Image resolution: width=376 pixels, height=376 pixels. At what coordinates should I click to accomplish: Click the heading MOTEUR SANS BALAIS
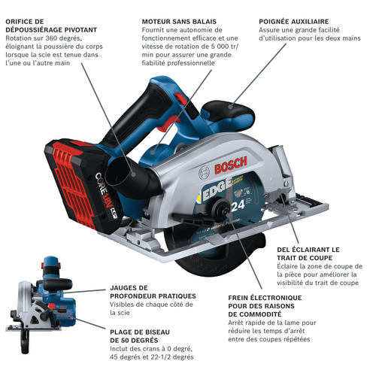[179, 22]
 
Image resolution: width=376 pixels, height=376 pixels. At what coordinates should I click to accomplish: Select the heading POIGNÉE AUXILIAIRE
[294, 22]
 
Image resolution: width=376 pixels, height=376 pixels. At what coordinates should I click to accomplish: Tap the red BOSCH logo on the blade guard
[231, 165]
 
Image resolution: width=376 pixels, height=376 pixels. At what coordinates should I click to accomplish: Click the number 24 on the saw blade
[238, 206]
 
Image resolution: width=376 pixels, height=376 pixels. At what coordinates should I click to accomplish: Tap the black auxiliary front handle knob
[227, 111]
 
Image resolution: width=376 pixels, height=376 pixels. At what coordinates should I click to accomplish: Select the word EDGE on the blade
[217, 190]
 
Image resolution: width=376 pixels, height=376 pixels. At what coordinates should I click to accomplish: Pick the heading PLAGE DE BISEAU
[140, 332]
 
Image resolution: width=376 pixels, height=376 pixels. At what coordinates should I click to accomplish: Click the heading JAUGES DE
[129, 288]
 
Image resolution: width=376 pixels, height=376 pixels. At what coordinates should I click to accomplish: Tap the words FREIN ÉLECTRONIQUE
[265, 298]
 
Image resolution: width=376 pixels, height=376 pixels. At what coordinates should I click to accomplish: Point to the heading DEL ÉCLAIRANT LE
[308, 250]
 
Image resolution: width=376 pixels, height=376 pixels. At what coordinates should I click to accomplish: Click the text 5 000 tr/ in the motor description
[223, 47]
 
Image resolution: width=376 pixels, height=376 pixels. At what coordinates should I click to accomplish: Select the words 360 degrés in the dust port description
[63, 38]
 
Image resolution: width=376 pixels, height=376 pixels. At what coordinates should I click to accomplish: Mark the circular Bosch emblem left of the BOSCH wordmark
[205, 173]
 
